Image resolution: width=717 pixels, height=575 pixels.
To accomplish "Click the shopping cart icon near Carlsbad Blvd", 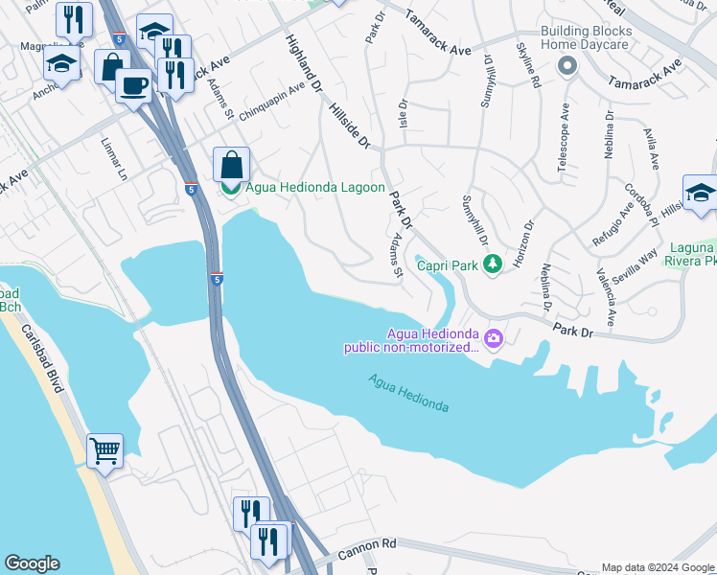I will click(104, 449).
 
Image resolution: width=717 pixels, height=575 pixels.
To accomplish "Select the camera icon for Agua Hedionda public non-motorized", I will click(494, 337).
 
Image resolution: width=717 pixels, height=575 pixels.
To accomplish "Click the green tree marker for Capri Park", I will click(493, 264).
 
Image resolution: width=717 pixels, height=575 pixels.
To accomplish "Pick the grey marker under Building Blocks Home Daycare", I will click(567, 66).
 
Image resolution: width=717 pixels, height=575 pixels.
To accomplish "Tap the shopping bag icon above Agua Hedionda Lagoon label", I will click(231, 165).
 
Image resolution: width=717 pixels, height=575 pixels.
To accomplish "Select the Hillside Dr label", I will click(349, 127).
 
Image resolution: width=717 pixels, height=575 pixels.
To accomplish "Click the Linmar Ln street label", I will click(113, 159).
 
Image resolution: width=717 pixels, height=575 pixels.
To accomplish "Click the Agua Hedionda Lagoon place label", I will click(315, 188).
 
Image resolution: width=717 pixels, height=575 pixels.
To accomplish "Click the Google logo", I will click(32, 563).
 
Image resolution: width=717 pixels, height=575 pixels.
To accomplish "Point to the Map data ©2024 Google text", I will click(658, 567).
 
